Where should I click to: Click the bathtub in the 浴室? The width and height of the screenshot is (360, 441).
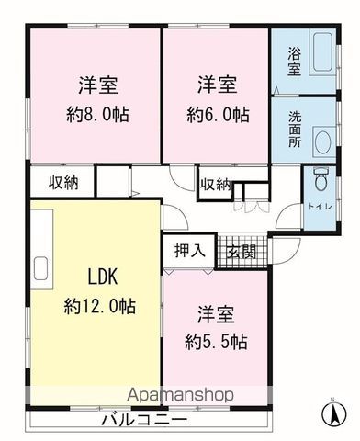[x=321, y=52]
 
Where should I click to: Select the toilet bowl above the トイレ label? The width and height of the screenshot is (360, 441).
[x=321, y=179]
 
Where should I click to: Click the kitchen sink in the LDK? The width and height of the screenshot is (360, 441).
[x=40, y=268]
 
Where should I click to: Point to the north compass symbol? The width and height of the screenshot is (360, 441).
[x=334, y=413]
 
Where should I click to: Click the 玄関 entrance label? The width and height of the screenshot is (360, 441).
[x=242, y=252]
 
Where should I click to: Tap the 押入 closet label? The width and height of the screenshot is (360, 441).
[x=189, y=251]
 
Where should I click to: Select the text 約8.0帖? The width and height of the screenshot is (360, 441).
[x=98, y=115]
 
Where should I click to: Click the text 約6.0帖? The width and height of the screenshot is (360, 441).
[x=218, y=115]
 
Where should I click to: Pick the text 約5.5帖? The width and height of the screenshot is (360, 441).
[x=216, y=342]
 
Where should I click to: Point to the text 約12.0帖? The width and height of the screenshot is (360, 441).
[x=100, y=306]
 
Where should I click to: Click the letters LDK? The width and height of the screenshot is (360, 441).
[x=103, y=277]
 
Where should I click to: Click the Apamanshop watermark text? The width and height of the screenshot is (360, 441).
[x=181, y=394]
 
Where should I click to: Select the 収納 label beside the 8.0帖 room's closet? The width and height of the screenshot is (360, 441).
[x=64, y=183]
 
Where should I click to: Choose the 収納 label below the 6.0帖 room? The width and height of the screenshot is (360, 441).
[x=216, y=185]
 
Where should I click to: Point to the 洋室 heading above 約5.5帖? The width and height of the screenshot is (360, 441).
[x=216, y=314]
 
